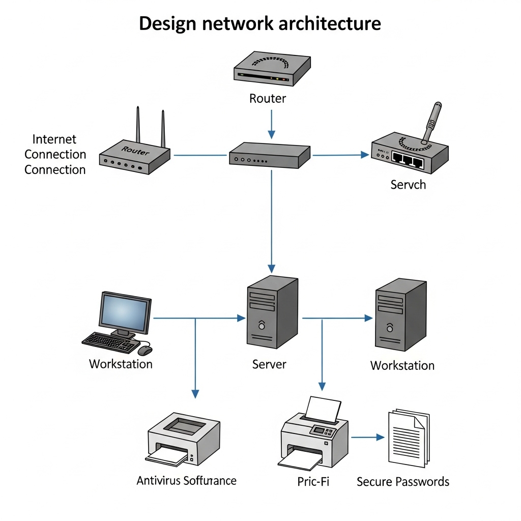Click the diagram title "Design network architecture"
[x=260, y=23]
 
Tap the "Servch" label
[x=408, y=185]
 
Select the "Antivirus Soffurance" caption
[x=186, y=480]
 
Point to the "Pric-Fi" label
[x=313, y=481]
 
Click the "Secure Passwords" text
[x=403, y=481]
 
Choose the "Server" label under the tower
[x=269, y=364]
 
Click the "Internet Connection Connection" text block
[x=55, y=154]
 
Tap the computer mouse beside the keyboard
[x=145, y=351]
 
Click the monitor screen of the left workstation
[x=125, y=311]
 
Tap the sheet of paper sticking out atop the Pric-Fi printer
[x=323, y=409]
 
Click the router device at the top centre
[x=272, y=68]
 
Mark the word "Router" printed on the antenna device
[x=136, y=151]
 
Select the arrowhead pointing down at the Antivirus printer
[x=195, y=394]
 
